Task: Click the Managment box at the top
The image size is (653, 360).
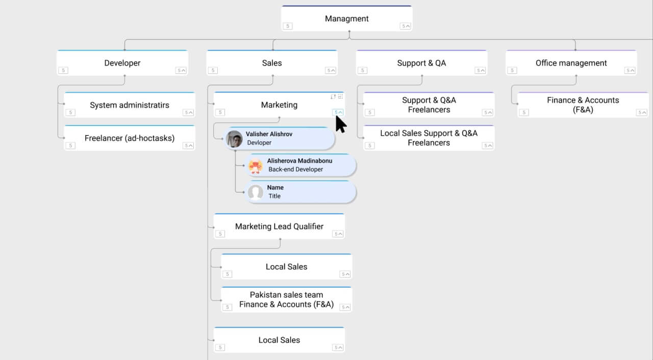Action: (x=346, y=18)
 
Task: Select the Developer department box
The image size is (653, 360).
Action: (x=122, y=63)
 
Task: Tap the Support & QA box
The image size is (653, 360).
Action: (x=421, y=63)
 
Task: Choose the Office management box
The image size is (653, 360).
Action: (x=571, y=63)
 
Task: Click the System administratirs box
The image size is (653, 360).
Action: (x=130, y=105)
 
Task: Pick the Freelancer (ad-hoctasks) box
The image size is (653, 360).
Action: (x=130, y=138)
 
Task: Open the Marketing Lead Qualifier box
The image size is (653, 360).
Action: (x=279, y=226)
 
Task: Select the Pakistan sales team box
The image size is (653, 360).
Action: (x=286, y=300)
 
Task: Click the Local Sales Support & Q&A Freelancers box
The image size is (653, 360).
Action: (x=429, y=138)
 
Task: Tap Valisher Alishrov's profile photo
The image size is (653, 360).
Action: (x=234, y=139)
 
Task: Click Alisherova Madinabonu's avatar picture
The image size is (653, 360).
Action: (x=256, y=166)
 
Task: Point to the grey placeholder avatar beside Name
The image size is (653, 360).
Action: (x=256, y=193)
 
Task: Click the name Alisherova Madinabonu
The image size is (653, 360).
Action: (x=299, y=161)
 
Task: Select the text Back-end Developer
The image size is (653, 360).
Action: (x=295, y=169)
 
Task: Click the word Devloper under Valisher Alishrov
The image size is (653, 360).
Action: (x=259, y=143)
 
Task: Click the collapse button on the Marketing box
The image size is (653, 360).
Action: (x=338, y=112)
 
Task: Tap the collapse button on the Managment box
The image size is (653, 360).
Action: (x=406, y=26)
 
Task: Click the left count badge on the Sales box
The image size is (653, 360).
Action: (x=213, y=70)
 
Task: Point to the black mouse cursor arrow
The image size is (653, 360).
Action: (x=340, y=124)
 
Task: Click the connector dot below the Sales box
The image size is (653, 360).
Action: (x=273, y=76)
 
